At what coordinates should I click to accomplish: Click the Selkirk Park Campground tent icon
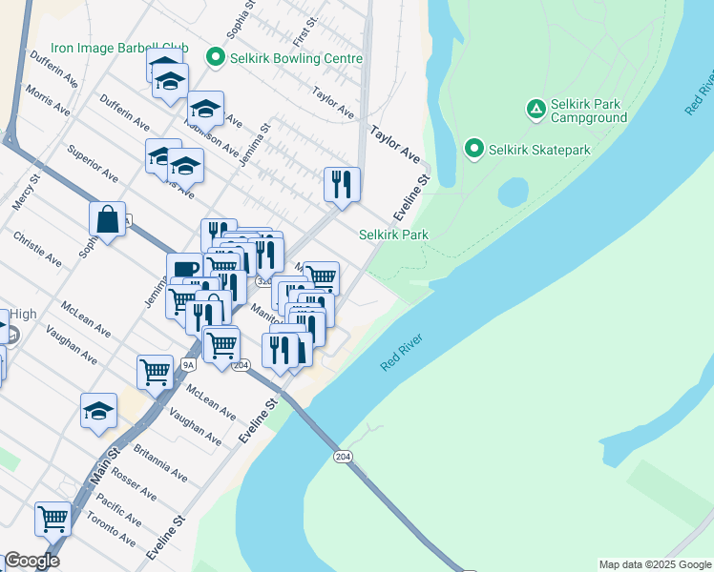[536, 110]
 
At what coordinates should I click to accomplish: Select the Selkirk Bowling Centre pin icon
[215, 59]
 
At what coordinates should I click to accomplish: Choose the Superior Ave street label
[92, 163]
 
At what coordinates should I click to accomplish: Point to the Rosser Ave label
[133, 484]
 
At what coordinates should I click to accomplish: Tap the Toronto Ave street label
[113, 525]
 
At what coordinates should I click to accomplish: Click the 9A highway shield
[188, 364]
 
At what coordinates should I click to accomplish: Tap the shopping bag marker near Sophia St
[108, 219]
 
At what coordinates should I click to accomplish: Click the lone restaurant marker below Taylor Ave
[342, 184]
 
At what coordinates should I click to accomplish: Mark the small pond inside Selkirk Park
[513, 193]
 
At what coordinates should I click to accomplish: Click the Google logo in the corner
[31, 561]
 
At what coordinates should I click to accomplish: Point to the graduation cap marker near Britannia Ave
[98, 411]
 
